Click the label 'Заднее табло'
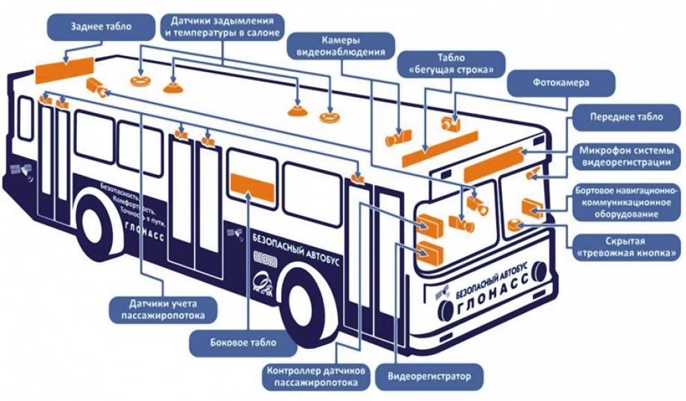pos(101,27)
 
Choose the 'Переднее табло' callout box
pos(626,117)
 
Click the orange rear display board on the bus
pos(64,67)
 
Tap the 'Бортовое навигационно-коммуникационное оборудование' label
pos(625,202)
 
